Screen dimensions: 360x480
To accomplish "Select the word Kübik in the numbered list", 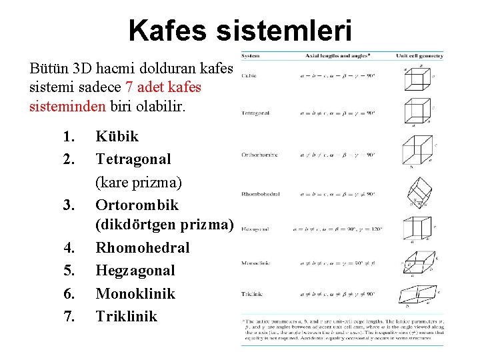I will click(x=117, y=137).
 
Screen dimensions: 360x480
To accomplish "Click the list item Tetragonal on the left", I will click(x=133, y=159).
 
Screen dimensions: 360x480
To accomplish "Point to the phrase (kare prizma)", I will click(x=139, y=182).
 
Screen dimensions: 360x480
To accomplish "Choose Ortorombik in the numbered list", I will click(x=137, y=205).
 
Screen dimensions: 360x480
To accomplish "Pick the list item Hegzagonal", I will click(x=135, y=271).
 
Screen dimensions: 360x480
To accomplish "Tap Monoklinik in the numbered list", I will click(x=135, y=293).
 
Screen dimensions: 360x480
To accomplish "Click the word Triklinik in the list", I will click(x=127, y=316).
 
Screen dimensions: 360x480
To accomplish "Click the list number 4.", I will click(x=69, y=248).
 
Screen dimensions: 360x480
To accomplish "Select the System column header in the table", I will click(x=251, y=56).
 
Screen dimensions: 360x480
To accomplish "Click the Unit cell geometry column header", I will click(x=419, y=56).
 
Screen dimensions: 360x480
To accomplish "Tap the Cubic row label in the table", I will click(x=249, y=75).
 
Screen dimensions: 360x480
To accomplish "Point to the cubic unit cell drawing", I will click(x=415, y=80).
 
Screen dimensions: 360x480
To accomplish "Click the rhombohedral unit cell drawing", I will click(x=418, y=194).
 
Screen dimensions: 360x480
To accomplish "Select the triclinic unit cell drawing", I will click(x=417, y=294).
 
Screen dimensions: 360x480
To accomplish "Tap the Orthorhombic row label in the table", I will click(x=260, y=155).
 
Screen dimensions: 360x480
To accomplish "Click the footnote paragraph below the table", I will click(x=342, y=331).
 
